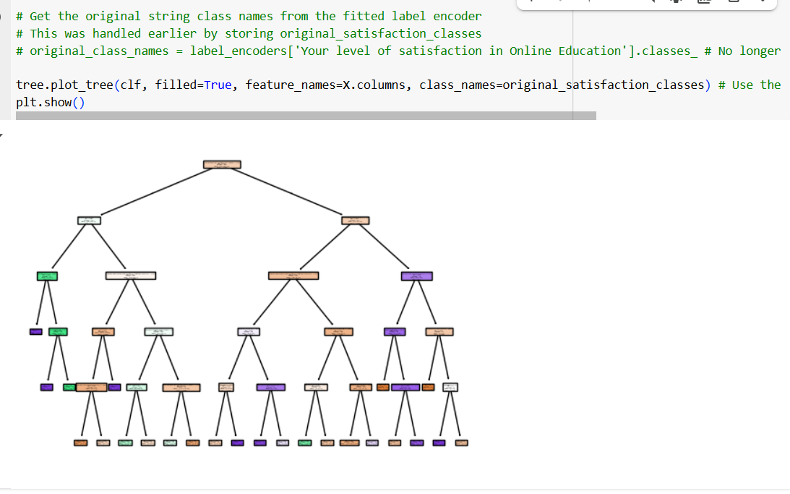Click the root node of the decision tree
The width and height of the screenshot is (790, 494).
point(222,165)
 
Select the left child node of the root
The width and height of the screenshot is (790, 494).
point(89,221)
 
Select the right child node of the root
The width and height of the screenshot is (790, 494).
point(355,221)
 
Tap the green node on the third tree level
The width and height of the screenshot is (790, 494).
point(47,276)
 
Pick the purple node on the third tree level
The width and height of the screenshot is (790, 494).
point(416,276)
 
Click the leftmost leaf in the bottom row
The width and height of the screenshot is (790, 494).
point(80,443)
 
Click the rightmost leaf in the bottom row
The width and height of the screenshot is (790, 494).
point(461,443)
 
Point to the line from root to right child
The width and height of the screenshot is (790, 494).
point(289,192)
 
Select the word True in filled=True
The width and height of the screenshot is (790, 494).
point(218,85)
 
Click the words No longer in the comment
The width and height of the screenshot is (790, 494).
point(750,51)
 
